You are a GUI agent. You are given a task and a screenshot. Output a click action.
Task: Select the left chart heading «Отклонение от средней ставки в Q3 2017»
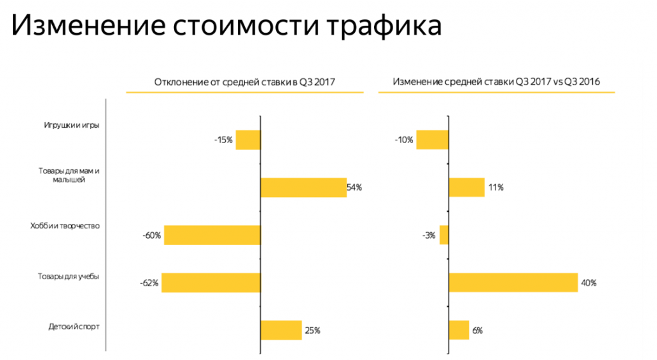point(244,82)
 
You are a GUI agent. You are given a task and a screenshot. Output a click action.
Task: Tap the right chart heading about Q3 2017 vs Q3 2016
point(496,82)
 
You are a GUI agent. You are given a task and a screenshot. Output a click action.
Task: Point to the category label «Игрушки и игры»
point(72,125)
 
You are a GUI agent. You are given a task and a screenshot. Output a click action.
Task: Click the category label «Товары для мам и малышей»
point(70,175)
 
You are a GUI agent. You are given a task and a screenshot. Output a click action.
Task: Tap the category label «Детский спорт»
point(74,327)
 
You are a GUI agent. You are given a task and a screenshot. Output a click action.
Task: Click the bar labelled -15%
point(248,140)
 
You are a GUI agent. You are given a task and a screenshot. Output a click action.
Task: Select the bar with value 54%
point(303,187)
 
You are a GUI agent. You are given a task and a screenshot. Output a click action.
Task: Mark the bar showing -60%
point(212,235)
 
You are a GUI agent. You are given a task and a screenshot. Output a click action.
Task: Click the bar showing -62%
point(211,282)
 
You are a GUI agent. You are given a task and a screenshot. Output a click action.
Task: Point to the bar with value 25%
point(281,330)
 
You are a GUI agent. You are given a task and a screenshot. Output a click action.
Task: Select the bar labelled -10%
point(432,140)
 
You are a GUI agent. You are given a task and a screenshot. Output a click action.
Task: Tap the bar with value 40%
point(513,282)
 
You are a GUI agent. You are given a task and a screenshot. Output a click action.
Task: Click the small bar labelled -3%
point(444,235)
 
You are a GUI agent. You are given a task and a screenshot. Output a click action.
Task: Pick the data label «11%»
point(495,187)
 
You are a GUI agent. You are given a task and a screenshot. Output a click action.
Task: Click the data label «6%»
point(477,330)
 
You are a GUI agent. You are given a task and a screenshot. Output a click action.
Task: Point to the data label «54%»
point(355,187)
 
